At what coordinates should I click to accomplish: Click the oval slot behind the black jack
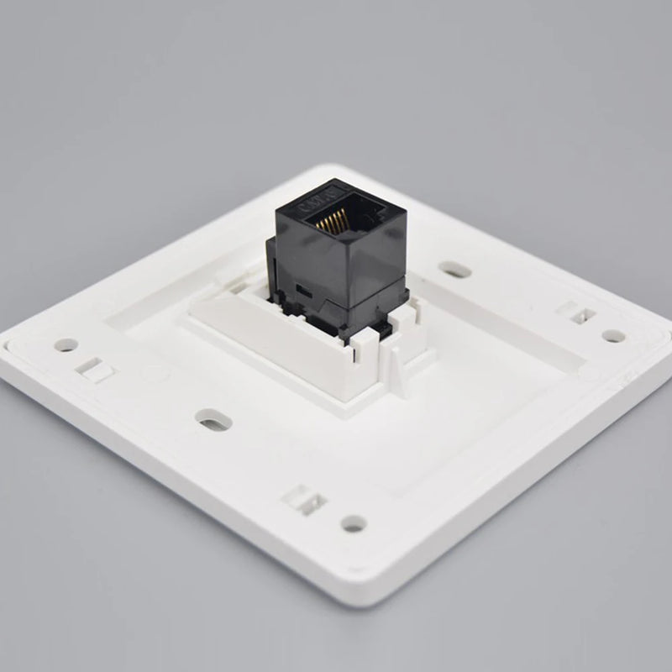[x=454, y=270]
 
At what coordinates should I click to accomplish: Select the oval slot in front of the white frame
[x=213, y=418]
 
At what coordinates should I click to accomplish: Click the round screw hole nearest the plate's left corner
[x=66, y=344]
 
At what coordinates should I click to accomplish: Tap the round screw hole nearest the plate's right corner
[x=613, y=335]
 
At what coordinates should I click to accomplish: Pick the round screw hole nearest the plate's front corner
[x=354, y=523]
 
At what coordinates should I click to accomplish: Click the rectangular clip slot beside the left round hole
[x=95, y=369]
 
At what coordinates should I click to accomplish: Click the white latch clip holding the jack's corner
[x=367, y=354]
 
